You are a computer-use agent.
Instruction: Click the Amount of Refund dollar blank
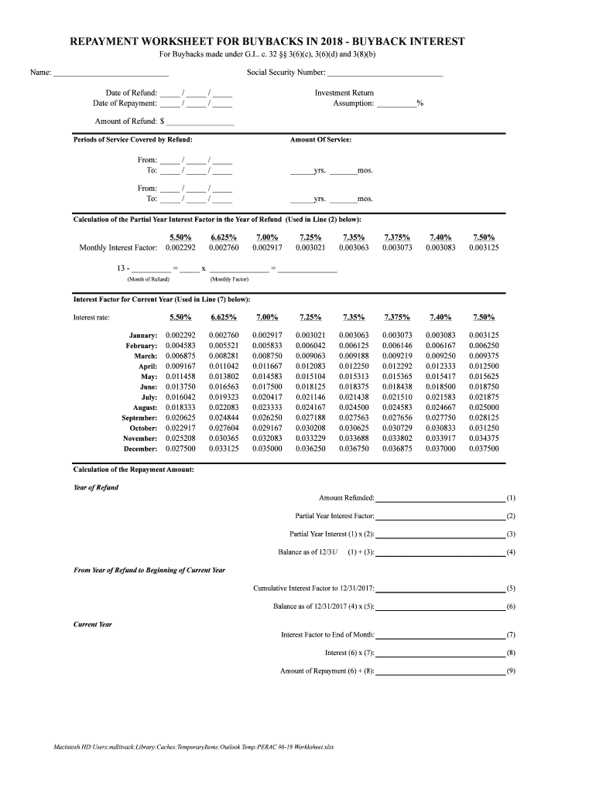pos(200,121)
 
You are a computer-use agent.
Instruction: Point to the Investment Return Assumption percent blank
pos(396,103)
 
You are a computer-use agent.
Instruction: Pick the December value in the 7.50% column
pos(484,449)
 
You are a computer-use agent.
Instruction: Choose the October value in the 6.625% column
pos(224,428)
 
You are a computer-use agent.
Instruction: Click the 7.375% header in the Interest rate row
pos(397,317)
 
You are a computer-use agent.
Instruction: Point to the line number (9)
pos(511,671)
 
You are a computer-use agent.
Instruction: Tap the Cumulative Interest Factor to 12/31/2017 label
pos(313,588)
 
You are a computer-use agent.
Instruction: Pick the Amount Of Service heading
pos(320,140)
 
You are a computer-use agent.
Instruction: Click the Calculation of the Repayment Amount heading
pos(133,469)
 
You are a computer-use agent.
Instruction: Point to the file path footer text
pos(194,747)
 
